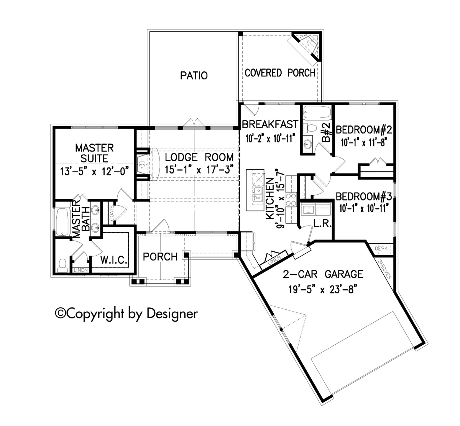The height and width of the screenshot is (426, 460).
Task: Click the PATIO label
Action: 194,76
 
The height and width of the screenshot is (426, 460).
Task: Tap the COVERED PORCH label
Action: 280,73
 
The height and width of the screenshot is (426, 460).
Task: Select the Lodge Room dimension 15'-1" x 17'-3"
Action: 199,170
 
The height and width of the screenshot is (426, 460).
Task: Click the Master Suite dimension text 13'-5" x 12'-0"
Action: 94,172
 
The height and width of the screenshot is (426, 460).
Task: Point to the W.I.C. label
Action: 114,260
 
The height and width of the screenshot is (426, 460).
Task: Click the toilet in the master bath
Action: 62,266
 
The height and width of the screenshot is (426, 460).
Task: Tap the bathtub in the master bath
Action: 62,222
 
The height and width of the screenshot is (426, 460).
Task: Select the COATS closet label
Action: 112,213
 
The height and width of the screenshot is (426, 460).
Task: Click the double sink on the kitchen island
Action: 258,194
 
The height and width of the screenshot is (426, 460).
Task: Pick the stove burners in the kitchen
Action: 291,200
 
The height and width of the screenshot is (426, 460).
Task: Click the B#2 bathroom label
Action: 326,132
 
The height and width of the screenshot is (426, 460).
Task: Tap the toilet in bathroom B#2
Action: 310,127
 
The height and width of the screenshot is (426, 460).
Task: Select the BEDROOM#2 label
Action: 364,130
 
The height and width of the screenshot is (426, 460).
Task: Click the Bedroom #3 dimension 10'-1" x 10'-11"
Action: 364,208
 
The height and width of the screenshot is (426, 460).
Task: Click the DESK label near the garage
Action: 381,249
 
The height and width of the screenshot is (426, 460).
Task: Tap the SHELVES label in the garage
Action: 384,269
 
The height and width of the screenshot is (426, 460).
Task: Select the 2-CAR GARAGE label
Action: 323,274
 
